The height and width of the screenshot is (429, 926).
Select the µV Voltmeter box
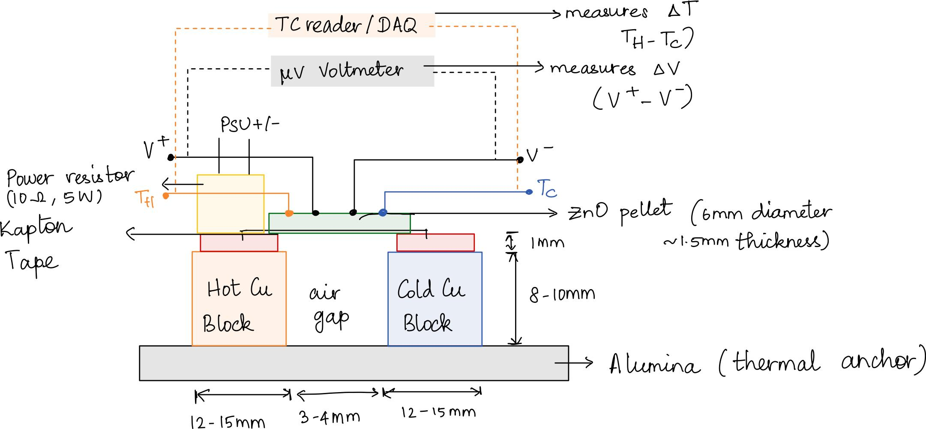352,71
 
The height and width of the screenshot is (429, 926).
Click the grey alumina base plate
354,363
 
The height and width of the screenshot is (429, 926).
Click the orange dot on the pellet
289,213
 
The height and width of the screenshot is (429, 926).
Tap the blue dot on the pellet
383,212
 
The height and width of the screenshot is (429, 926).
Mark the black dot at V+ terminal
171,157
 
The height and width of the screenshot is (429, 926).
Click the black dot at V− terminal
520,160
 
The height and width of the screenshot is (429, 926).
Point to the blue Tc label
547,188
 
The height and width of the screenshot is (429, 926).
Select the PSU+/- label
250,125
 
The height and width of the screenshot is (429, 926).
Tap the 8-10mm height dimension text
562,295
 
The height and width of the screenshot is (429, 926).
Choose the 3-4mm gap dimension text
330,417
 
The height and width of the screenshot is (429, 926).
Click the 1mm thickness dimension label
547,243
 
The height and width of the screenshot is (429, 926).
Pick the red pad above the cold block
435,243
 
